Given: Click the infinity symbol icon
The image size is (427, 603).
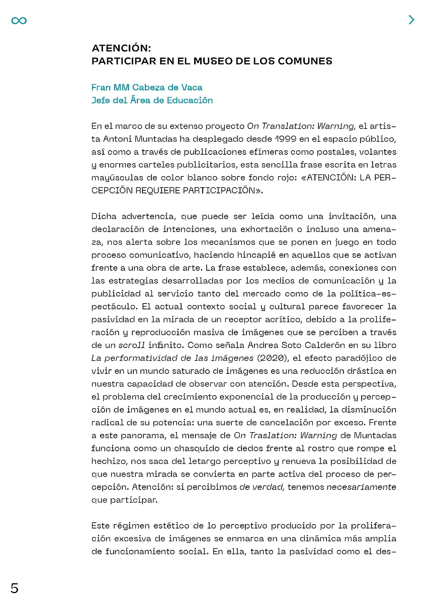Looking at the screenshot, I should [x=19, y=20].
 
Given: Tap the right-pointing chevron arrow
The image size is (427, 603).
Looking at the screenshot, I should [x=411, y=20].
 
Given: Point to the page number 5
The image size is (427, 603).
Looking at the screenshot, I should [x=15, y=588].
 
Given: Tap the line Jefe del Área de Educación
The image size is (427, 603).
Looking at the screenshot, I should [x=152, y=100].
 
